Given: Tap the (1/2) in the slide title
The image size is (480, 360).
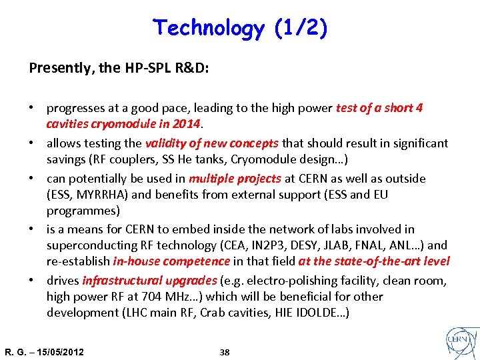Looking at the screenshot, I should pyautogui.click(x=300, y=28).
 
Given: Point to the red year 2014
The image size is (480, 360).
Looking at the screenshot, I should pyautogui.click(x=187, y=123).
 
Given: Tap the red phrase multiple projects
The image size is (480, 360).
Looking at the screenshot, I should pyautogui.click(x=235, y=179).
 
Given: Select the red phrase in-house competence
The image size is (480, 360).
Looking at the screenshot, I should pyautogui.click(x=171, y=261).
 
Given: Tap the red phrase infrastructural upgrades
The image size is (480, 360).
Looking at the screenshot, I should pyautogui.click(x=149, y=281).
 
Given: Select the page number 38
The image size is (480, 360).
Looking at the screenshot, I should pyautogui.click(x=225, y=352).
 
